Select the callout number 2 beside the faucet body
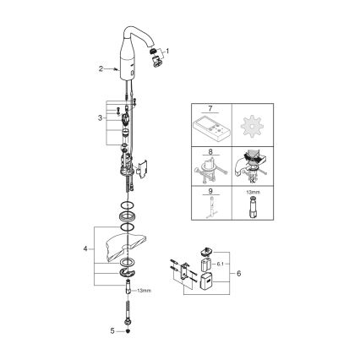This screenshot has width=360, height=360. tap(101, 68)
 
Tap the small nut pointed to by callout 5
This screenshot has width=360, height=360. tap(128, 331)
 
